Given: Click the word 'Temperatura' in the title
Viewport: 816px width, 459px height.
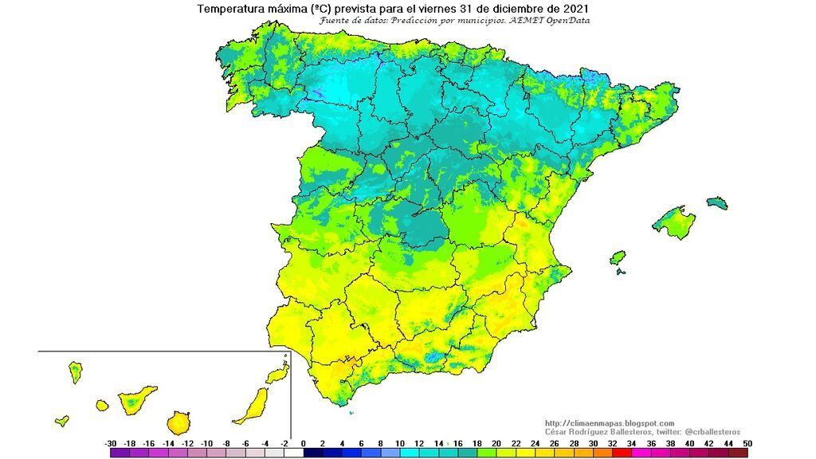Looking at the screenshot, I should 230,9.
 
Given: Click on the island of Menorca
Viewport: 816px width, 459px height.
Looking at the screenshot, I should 717,202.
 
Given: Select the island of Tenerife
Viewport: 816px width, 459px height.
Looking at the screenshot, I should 136,398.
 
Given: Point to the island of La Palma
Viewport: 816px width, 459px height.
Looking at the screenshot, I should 76,372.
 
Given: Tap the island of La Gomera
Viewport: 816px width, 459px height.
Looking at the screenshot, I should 102,406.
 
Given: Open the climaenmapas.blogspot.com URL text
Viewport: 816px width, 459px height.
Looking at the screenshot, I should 610,423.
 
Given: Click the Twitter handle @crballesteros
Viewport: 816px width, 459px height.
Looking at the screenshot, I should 706,431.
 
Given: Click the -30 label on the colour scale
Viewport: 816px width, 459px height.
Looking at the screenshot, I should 111,443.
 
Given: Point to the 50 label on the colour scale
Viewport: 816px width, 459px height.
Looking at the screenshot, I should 747,443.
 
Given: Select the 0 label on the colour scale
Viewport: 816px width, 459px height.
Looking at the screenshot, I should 304,443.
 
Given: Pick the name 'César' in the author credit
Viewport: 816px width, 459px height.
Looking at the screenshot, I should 557,431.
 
